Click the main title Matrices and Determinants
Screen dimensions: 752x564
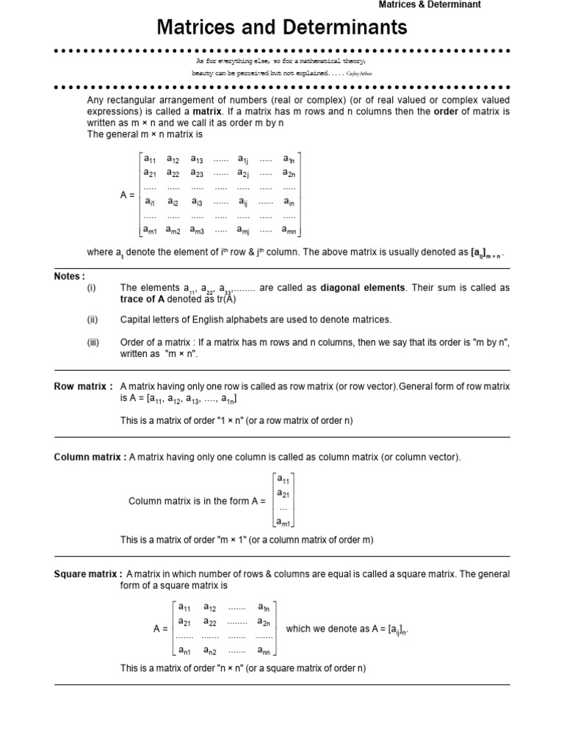point(281,28)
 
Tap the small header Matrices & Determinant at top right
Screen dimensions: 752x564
point(430,4)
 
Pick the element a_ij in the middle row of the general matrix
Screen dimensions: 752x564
point(242,202)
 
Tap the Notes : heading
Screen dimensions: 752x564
point(70,276)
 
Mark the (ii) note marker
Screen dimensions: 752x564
point(92,319)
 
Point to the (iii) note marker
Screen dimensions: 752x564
point(93,342)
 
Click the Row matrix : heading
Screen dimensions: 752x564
point(83,386)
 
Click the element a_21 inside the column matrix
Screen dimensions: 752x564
point(283,493)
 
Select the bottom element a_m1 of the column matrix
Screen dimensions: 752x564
point(283,522)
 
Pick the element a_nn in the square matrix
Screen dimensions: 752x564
point(264,651)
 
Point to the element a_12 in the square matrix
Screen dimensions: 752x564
point(210,608)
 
